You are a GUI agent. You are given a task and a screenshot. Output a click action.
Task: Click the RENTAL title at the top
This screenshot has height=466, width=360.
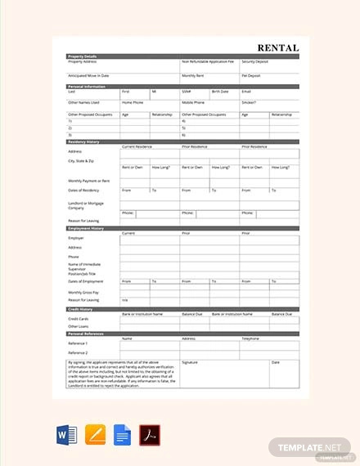(x=278, y=47)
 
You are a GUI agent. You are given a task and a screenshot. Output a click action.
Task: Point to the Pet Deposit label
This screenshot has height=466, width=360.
(x=250, y=75)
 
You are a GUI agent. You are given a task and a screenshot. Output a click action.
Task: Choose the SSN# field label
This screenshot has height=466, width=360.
(x=187, y=92)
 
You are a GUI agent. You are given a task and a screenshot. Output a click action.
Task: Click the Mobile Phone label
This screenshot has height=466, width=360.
(x=193, y=102)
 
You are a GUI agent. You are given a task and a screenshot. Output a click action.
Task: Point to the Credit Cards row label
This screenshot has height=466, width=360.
(x=79, y=319)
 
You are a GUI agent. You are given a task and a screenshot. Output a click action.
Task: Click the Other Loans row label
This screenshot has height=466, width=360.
(x=78, y=326)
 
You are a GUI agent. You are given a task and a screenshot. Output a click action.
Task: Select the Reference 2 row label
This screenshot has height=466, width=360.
(x=79, y=352)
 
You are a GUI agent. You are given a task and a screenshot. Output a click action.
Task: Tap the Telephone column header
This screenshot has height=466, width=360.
(x=251, y=338)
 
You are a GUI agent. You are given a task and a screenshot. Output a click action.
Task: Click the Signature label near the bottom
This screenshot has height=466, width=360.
(x=190, y=361)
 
